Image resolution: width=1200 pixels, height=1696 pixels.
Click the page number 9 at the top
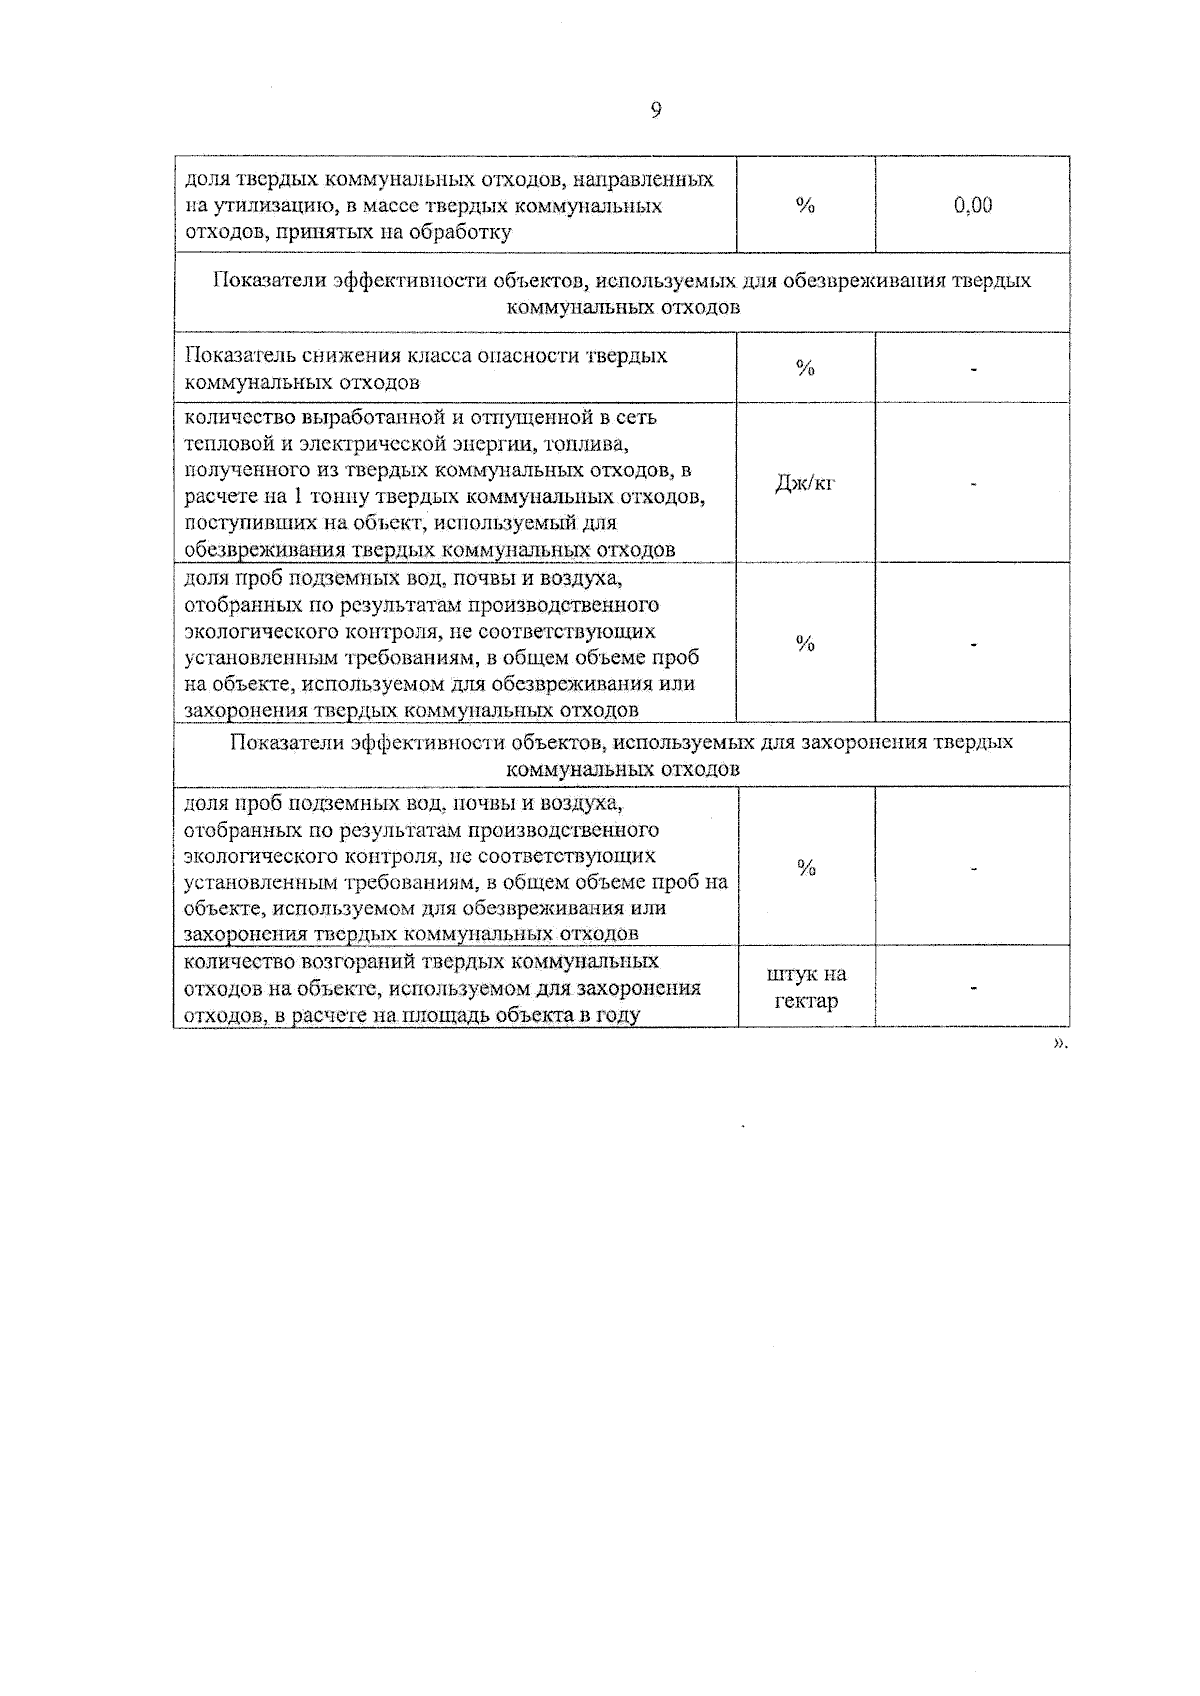[x=656, y=111]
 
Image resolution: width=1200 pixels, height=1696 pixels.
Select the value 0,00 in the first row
[x=972, y=205]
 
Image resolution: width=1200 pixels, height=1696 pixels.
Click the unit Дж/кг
[x=805, y=484]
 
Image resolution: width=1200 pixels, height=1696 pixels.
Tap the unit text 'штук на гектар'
[x=806, y=987]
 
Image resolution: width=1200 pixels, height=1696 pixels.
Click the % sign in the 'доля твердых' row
[x=806, y=206]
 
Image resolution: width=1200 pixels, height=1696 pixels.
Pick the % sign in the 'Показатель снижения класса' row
[x=806, y=369]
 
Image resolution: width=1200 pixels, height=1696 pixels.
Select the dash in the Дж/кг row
[x=972, y=484]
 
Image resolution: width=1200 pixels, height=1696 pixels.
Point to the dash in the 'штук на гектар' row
[x=972, y=988]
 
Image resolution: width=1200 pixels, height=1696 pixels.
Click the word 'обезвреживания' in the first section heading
[x=854, y=281]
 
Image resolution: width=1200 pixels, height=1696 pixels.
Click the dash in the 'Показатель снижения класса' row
[x=972, y=369]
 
